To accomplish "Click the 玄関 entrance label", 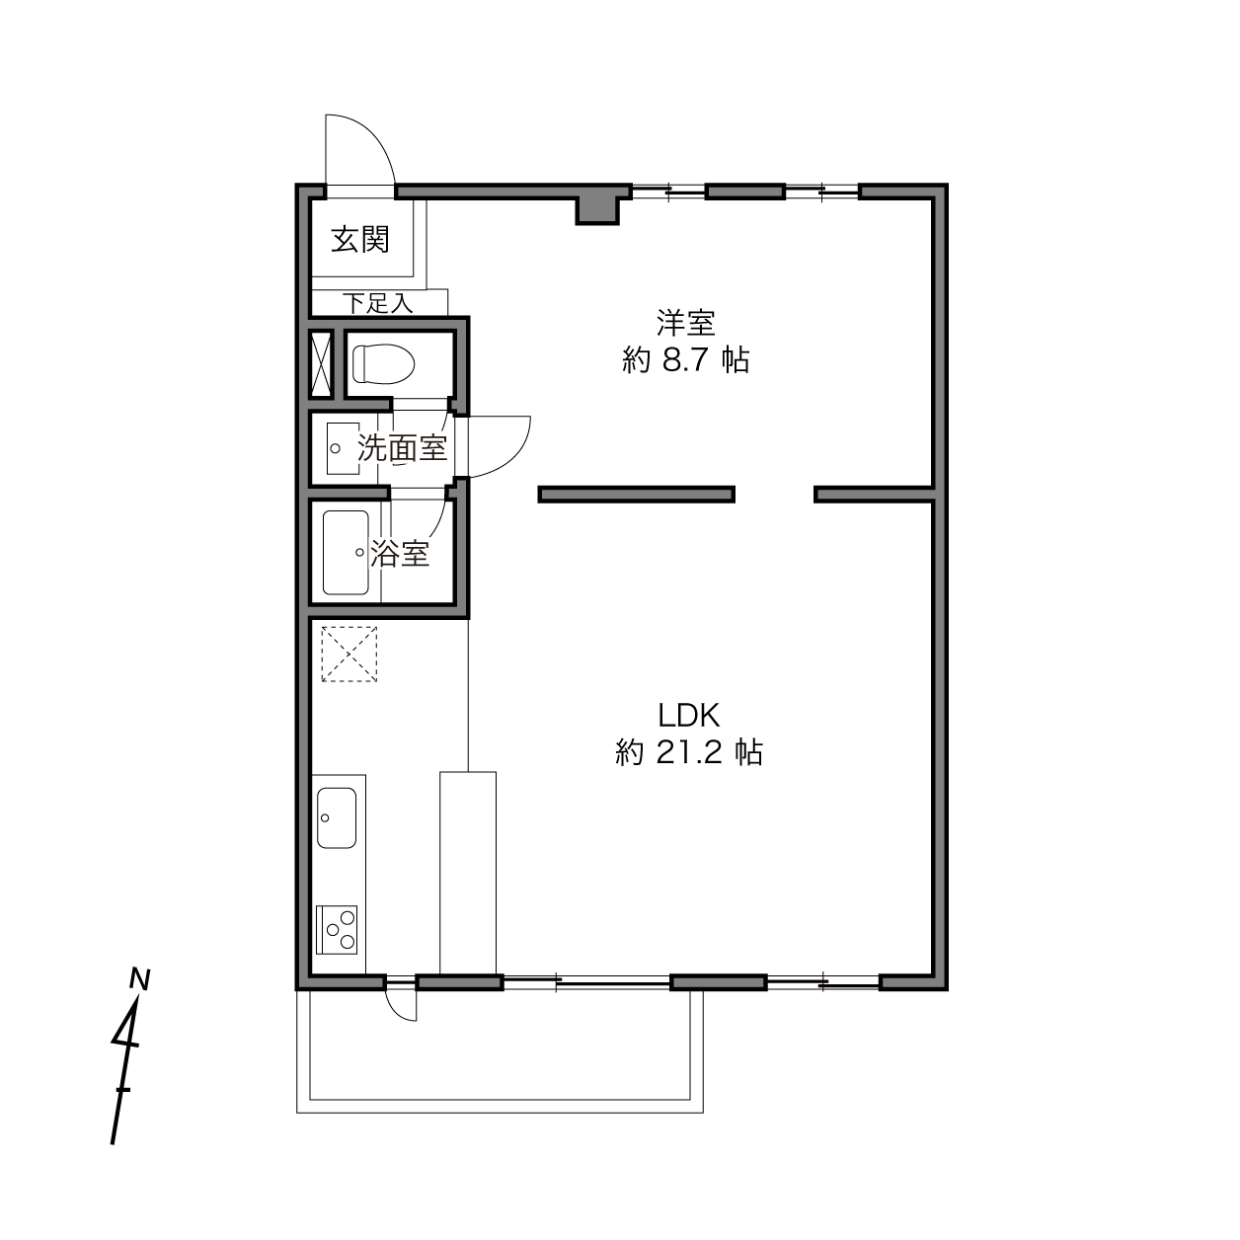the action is pos(360,240).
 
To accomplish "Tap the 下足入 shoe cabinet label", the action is pos(378,302).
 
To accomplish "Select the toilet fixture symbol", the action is pos(383,363).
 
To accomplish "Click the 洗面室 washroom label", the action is pos(403,447).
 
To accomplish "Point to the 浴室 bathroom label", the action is pos(400,553).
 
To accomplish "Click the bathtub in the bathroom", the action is pos(346,552).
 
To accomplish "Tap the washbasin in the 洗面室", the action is pos(343,448).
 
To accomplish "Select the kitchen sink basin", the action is pos(337,817).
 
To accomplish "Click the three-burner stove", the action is pos(337,930).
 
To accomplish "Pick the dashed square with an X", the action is pos(349,654).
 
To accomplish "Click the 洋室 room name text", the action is pos(686,323).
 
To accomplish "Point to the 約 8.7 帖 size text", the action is pos(686,359).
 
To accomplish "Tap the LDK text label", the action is pos(688,714).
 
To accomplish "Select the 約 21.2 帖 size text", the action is pos(689,751).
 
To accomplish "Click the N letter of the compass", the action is pos(139,978).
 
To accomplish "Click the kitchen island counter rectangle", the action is pos(468,872).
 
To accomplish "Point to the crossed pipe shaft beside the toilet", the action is pos(321,363).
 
